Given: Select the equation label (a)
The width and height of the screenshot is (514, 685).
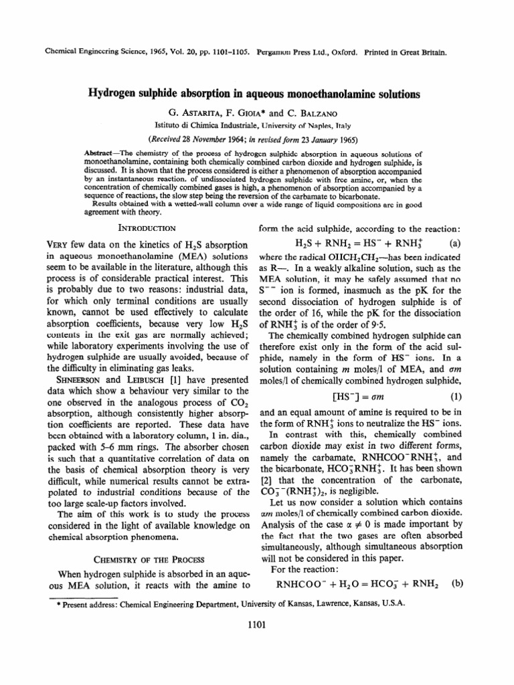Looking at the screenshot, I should tap(454, 242).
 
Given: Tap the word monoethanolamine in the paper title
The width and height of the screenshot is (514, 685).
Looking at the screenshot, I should tap(334, 94).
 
